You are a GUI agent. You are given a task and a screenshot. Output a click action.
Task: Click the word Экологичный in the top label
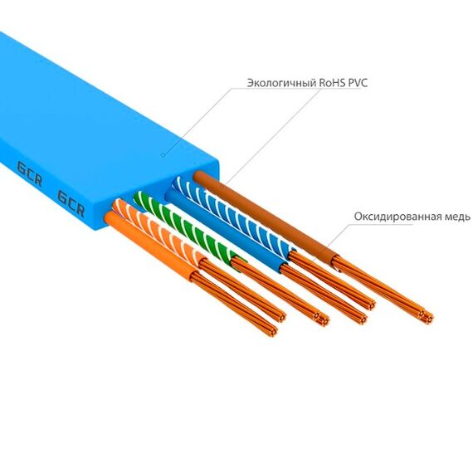coord(282,83)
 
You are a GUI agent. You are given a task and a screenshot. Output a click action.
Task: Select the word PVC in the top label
coord(358,83)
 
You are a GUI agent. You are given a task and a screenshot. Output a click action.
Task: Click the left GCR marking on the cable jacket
coord(30,173)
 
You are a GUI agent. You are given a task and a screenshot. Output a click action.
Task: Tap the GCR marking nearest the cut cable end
coord(71,203)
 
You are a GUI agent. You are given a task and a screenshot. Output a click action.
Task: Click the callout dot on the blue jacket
coord(163,155)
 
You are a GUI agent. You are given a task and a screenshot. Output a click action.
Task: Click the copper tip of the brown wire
coord(427,317)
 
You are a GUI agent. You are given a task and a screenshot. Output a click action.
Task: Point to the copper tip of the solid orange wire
coord(271,330)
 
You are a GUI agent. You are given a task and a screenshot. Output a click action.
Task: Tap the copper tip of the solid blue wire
coord(361,319)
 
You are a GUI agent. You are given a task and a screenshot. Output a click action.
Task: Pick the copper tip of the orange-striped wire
coord(280,317)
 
